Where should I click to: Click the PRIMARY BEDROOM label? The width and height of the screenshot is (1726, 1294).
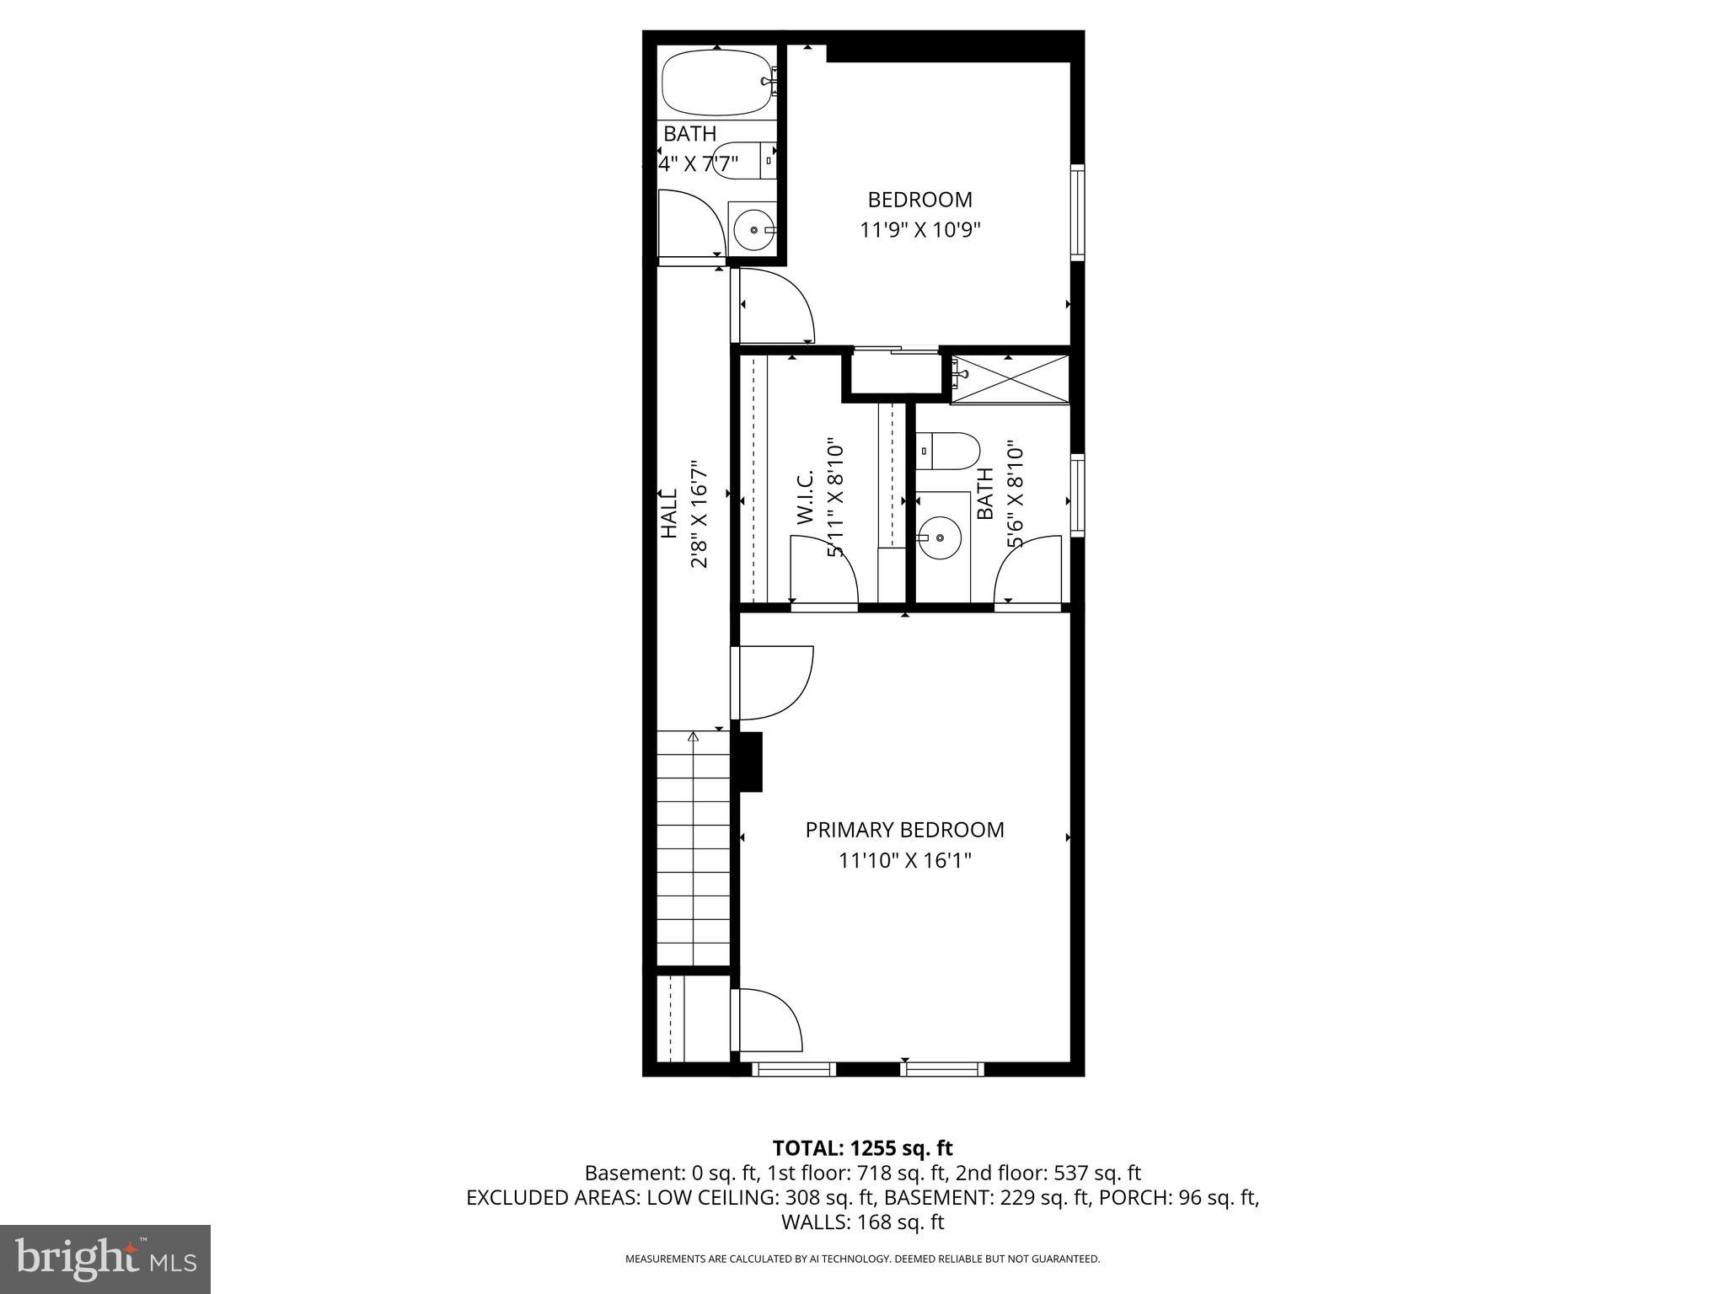pyautogui.click(x=904, y=830)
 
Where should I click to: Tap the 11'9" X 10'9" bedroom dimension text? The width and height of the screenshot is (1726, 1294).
pyautogui.click(x=920, y=230)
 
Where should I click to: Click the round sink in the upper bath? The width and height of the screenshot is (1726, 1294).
pyautogui.click(x=751, y=227)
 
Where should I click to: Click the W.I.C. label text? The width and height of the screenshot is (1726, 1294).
pyautogui.click(x=805, y=499)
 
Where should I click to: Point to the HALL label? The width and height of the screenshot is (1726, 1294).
pyautogui.click(x=668, y=513)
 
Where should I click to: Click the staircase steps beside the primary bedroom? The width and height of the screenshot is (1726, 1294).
pyautogui.click(x=693, y=851)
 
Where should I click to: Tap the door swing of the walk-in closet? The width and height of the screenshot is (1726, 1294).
pyautogui.click(x=824, y=571)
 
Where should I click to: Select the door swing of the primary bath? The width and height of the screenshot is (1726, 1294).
pyautogui.click(x=1026, y=571)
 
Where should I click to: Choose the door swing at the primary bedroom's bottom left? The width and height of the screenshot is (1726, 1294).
pyautogui.click(x=769, y=1020)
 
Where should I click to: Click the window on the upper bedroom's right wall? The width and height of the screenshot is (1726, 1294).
pyautogui.click(x=1076, y=211)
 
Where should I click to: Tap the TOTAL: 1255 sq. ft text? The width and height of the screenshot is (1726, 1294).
pyautogui.click(x=862, y=1147)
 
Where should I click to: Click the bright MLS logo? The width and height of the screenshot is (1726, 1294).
pyautogui.click(x=105, y=1259)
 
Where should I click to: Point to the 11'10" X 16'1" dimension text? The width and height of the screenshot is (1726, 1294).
pyautogui.click(x=904, y=861)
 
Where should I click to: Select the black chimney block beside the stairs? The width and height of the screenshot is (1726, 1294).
pyautogui.click(x=748, y=762)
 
